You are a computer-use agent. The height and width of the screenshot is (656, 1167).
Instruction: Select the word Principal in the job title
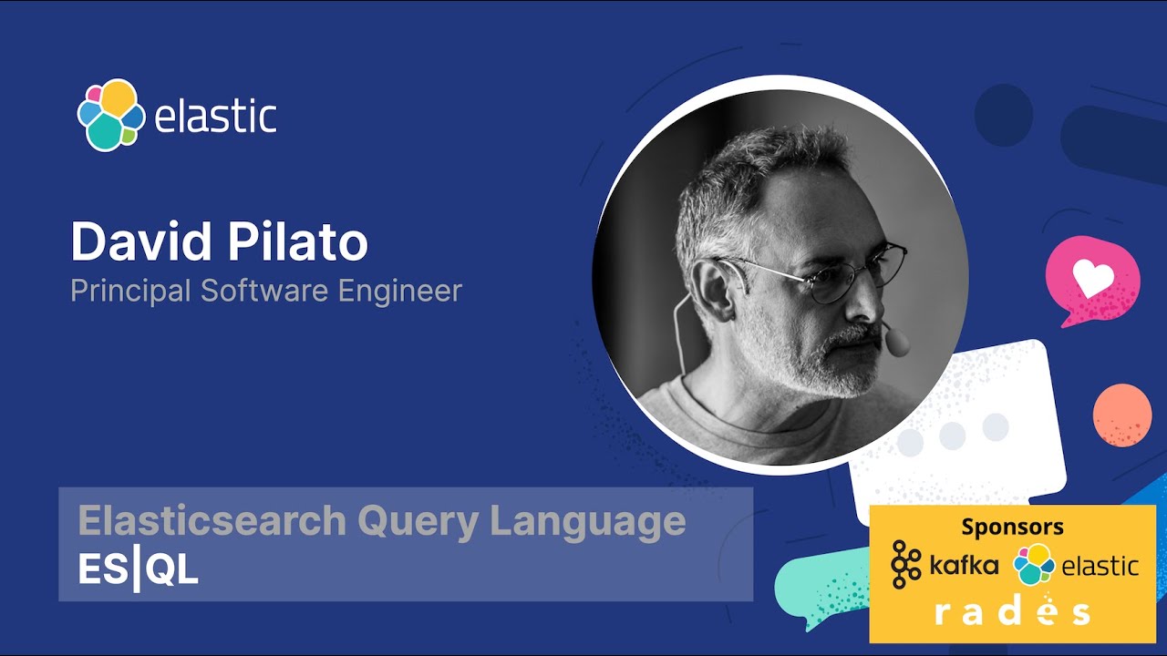click(131, 291)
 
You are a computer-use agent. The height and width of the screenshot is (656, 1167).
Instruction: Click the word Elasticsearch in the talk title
click(212, 521)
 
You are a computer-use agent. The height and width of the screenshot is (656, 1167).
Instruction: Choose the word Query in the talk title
click(418, 522)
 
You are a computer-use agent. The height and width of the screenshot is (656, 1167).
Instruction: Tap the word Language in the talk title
click(588, 521)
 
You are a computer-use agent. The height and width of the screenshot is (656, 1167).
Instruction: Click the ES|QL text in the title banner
click(138, 570)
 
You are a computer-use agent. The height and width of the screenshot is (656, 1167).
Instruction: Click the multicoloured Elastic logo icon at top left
click(110, 115)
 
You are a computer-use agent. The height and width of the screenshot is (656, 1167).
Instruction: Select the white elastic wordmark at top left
click(216, 117)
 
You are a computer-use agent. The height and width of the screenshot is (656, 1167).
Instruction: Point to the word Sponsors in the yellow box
click(1012, 527)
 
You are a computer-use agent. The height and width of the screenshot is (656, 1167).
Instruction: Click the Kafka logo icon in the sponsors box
click(905, 565)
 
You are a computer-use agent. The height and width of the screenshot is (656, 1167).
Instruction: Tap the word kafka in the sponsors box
click(964, 566)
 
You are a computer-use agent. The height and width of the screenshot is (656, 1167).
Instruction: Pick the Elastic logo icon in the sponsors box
click(1034, 565)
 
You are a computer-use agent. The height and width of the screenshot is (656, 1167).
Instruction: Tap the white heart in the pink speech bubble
click(1093, 277)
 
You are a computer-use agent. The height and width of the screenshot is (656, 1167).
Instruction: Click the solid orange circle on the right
click(1121, 415)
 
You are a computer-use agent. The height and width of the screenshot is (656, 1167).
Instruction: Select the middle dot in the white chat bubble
click(953, 435)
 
